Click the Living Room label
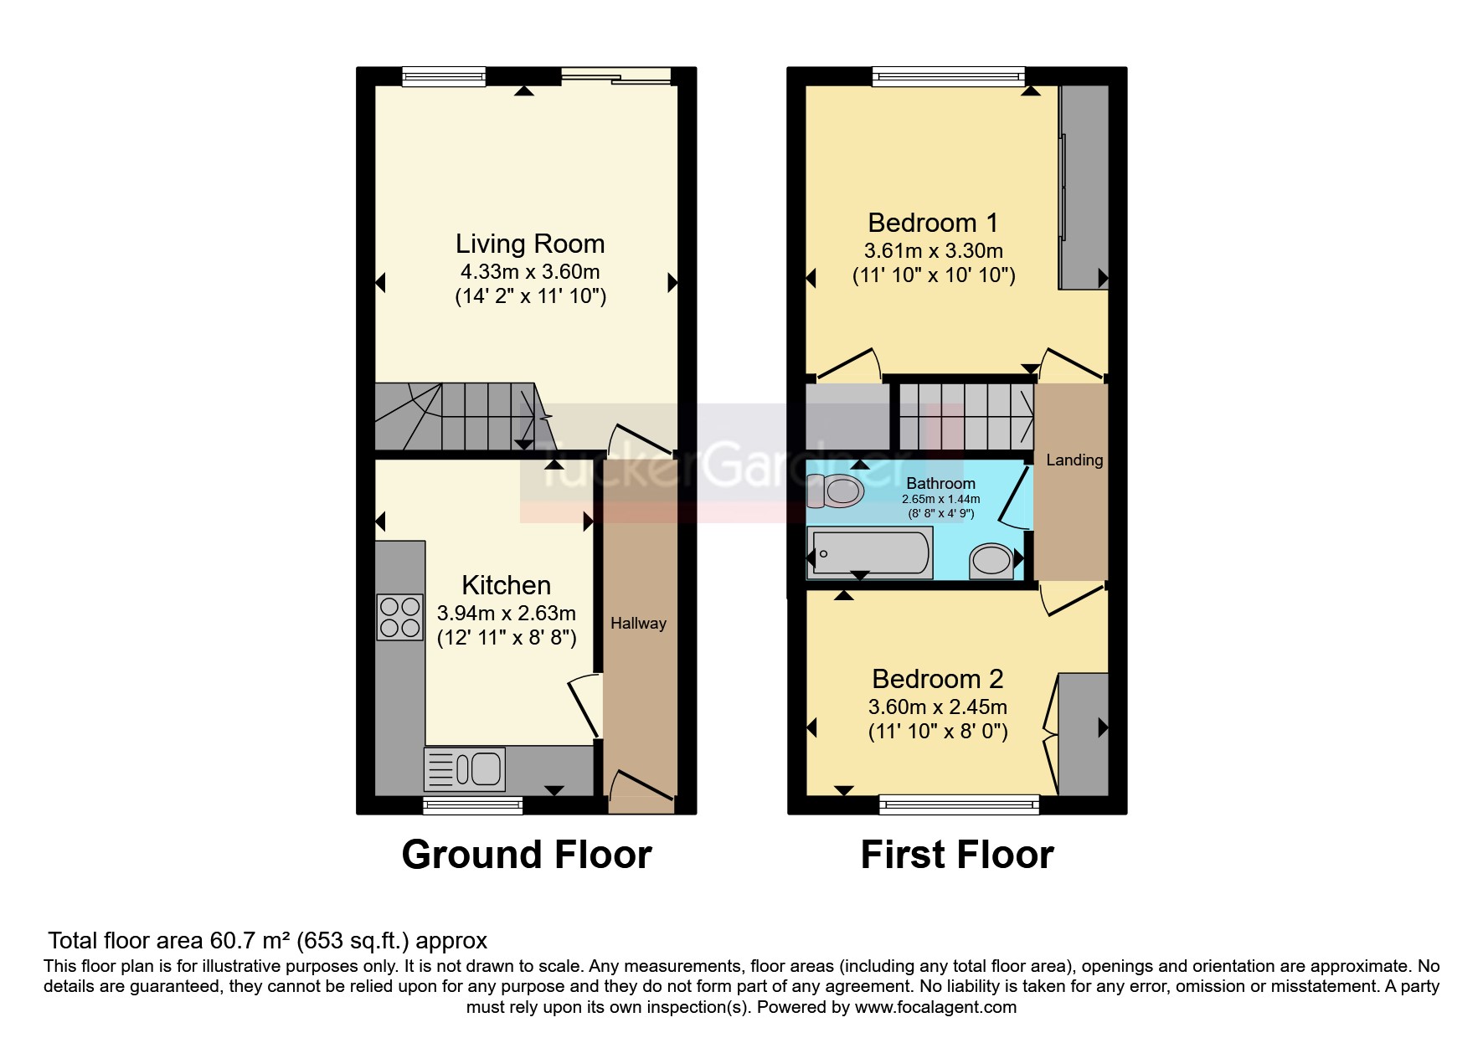coord(529,244)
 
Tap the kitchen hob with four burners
coord(399,617)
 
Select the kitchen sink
coord(465,768)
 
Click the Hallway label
coord(638,623)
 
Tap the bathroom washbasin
coord(991,560)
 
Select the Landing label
coord(1074,460)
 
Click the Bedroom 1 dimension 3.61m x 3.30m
coord(933,250)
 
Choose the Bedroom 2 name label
coord(937,678)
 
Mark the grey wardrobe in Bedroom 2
coord(1084,733)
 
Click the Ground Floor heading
coord(526,855)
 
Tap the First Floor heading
coord(956,855)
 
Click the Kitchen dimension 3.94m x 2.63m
coord(506,614)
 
